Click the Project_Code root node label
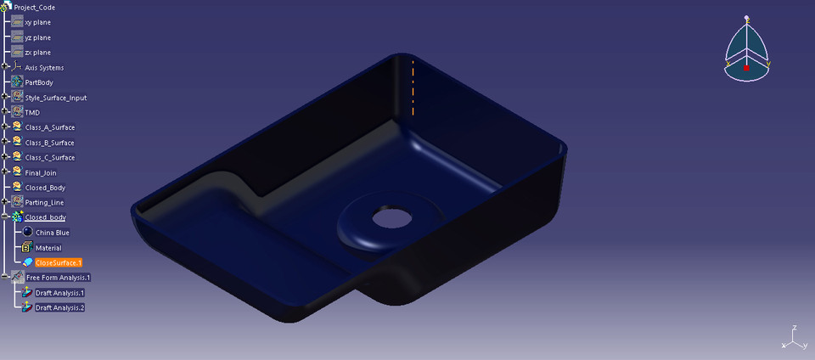point(34,8)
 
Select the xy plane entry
point(37,22)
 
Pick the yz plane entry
point(37,37)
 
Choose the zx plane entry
point(37,53)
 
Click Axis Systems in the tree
point(44,68)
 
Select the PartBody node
point(39,82)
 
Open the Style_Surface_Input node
point(55,98)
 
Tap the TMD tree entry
point(32,113)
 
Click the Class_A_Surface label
point(49,127)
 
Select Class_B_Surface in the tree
point(49,143)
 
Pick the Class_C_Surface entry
point(49,158)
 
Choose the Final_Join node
point(40,172)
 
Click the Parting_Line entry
point(44,203)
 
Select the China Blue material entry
point(52,233)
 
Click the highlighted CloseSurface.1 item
point(58,263)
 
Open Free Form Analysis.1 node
point(58,278)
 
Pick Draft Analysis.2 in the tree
point(59,307)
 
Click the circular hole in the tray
point(389,217)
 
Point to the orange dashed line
point(413,87)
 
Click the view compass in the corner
point(746,51)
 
